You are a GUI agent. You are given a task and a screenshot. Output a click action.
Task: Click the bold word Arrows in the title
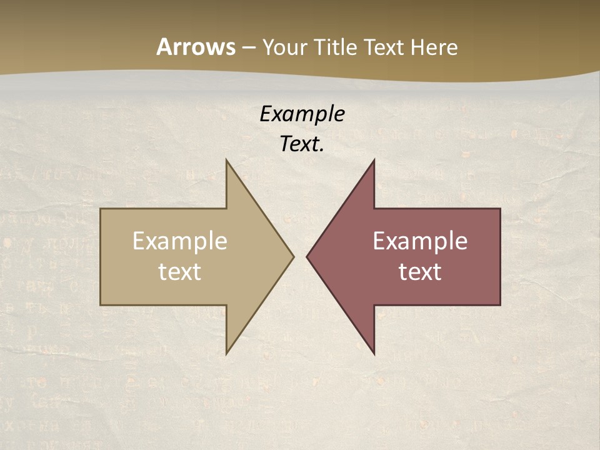[x=196, y=47]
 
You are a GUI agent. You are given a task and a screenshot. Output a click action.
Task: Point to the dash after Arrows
[x=248, y=47]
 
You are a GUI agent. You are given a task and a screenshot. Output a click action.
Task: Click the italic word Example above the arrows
[x=302, y=114]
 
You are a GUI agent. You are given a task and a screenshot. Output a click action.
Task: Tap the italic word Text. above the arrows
[x=302, y=144]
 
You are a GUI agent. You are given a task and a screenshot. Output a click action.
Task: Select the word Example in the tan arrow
[x=180, y=241]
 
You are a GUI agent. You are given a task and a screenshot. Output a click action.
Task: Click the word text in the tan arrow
[x=180, y=272]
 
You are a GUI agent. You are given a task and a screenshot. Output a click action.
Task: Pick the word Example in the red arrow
[x=420, y=241]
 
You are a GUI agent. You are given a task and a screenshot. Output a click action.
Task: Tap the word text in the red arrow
[x=420, y=272]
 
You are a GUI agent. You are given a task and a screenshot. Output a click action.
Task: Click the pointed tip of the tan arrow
[x=293, y=256]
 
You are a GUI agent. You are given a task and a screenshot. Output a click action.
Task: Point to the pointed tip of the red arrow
[x=307, y=256]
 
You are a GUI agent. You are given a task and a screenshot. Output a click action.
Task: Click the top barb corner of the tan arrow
[x=227, y=161]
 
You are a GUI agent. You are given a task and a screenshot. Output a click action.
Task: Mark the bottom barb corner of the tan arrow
[x=227, y=354]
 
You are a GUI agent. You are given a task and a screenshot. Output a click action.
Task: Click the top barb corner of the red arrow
[x=374, y=161]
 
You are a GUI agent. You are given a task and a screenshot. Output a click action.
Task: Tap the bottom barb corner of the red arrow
[x=374, y=354]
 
